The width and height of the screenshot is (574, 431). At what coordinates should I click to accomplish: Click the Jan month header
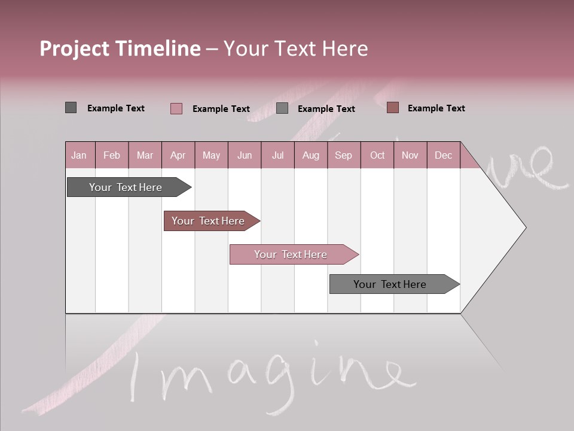(x=79, y=156)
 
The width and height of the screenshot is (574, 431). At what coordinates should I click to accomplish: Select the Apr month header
(x=178, y=156)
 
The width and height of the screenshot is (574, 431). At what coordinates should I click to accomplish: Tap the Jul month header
(x=277, y=156)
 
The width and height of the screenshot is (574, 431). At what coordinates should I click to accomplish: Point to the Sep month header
(x=343, y=156)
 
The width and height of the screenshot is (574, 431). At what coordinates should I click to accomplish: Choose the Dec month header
(x=443, y=156)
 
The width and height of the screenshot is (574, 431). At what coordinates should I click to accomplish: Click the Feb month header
(x=112, y=156)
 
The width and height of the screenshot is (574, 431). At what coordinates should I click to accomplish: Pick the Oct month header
(x=377, y=156)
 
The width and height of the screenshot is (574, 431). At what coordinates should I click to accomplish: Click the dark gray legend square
(x=71, y=108)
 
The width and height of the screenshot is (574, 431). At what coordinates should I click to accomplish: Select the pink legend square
(x=176, y=108)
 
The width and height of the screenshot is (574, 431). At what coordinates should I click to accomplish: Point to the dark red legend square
(x=393, y=108)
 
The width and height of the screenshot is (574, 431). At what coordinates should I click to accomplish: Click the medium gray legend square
(x=282, y=108)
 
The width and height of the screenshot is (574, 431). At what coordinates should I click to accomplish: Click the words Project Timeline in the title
(x=120, y=48)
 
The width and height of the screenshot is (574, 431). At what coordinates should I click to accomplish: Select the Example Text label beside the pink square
(x=221, y=109)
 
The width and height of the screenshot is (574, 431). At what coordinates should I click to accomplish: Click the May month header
(x=211, y=156)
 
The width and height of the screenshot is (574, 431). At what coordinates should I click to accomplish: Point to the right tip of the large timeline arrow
(x=524, y=227)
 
